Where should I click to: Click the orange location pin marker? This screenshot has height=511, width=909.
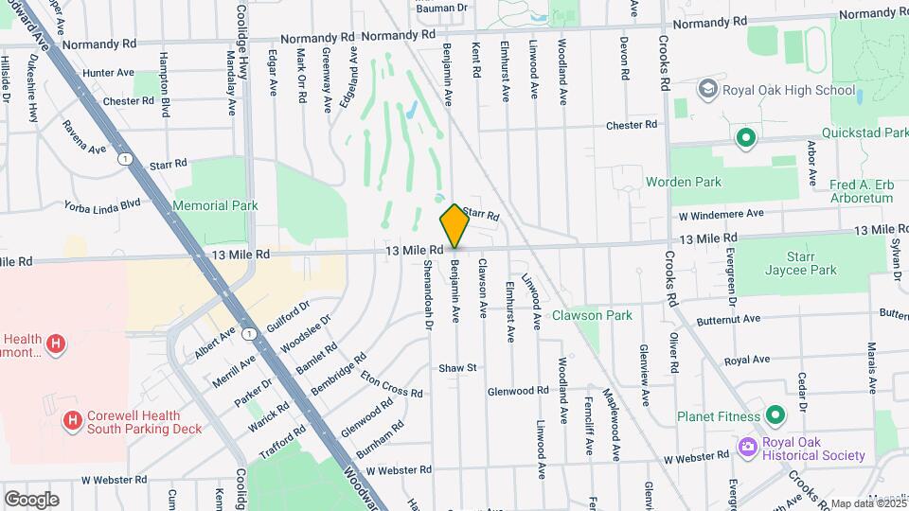coord(454,225)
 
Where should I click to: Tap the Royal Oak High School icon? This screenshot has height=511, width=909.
coord(707,89)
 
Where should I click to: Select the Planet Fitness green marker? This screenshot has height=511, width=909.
coord(775,415)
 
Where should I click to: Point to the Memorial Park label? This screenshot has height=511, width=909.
coord(215,205)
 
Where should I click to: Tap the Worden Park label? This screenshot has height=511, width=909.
coord(683,182)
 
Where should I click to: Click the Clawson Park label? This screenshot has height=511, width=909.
coord(592,315)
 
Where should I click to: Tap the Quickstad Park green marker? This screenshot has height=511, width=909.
coord(746,138)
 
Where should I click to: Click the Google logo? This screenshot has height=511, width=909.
coord(31,499)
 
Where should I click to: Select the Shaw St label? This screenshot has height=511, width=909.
coord(456,367)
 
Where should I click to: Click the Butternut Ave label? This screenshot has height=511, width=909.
coord(893,312)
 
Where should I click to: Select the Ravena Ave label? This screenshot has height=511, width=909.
coord(85,145)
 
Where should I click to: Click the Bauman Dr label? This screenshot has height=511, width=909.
coord(442,8)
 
